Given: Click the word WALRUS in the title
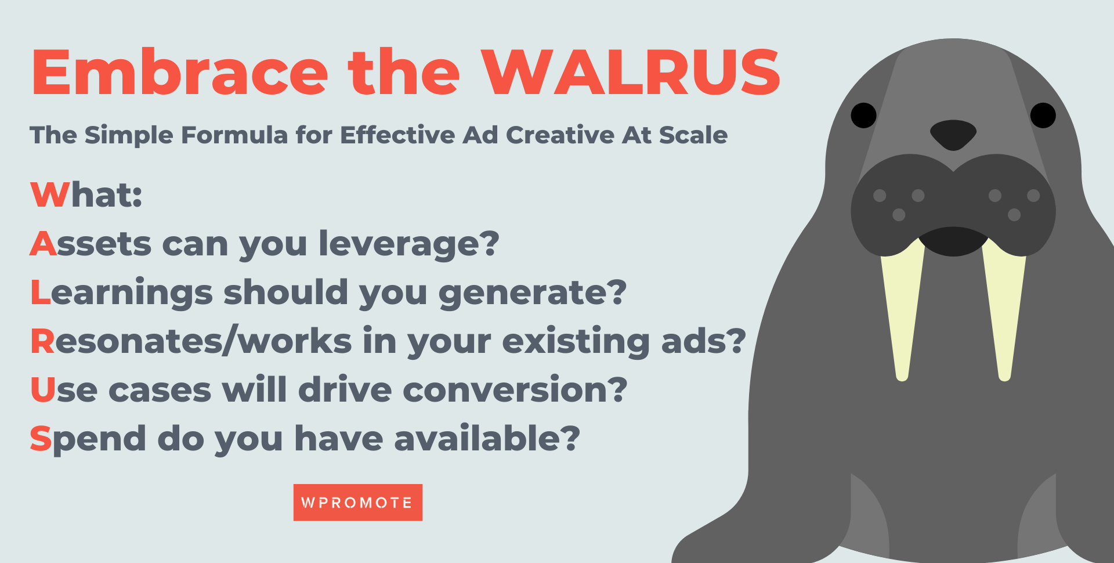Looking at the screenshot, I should pos(631,73).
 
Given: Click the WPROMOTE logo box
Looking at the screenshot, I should pos(357,502).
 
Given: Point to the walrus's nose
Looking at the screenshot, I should pos(953,134).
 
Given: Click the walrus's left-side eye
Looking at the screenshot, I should pos(863,115).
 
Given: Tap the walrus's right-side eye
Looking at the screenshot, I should pos(1043,115).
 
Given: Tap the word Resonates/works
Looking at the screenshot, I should pos(191,341).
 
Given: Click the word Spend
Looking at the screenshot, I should pos(88,439).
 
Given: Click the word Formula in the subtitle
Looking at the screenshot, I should pos(234,135).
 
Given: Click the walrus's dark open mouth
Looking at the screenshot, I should pos(953,241).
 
